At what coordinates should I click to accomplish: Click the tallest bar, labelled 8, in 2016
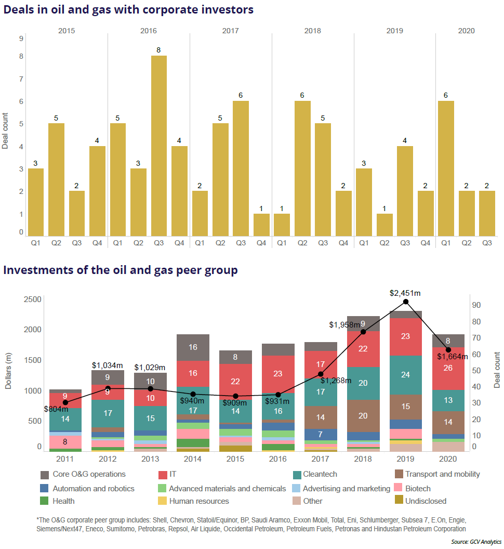click(x=159, y=146)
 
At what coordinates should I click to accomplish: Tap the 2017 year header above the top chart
click(x=230, y=31)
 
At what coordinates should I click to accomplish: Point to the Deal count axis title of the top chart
click(x=6, y=130)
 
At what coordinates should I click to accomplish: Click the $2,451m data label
click(x=405, y=293)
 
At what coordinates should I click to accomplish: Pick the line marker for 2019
click(x=406, y=302)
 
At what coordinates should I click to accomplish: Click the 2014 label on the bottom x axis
click(x=193, y=459)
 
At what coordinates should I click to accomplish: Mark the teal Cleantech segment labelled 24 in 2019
click(x=405, y=375)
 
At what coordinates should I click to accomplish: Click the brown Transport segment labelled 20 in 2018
click(x=363, y=416)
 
